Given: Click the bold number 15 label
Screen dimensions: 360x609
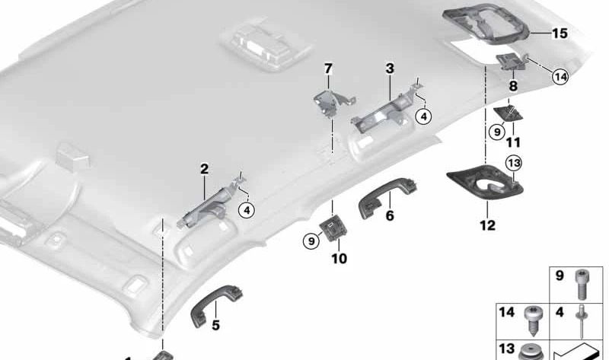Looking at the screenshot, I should [x=560, y=33].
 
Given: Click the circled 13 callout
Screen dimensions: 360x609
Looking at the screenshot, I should [x=513, y=163].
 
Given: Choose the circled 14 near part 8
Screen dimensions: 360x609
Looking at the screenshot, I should [x=560, y=76].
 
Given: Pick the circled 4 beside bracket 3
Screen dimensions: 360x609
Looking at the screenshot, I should [x=424, y=116].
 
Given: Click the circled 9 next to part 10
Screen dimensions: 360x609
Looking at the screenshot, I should [x=310, y=241].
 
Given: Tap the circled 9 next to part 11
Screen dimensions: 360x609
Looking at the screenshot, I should [x=496, y=132].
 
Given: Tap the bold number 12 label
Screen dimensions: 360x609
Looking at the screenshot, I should [x=486, y=225].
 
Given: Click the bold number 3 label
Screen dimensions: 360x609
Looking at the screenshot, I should [x=389, y=69].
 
